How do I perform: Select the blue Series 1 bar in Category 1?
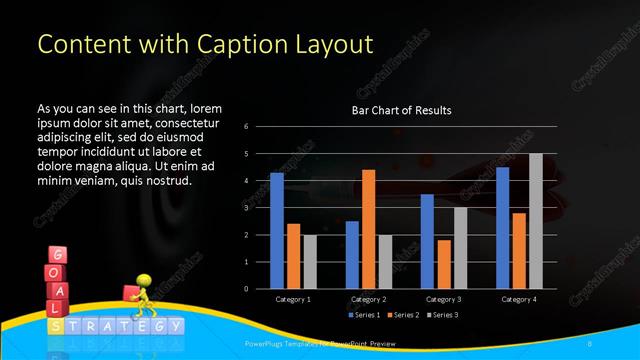(277, 231)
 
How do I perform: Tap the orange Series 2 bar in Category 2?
(368, 229)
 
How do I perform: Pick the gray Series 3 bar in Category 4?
(535, 221)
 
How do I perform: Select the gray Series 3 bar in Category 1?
(309, 262)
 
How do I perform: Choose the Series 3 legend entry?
(445, 315)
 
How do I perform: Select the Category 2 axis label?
(368, 299)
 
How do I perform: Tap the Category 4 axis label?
(518, 299)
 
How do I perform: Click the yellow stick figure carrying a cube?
(140, 296)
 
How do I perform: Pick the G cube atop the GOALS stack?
(57, 256)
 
